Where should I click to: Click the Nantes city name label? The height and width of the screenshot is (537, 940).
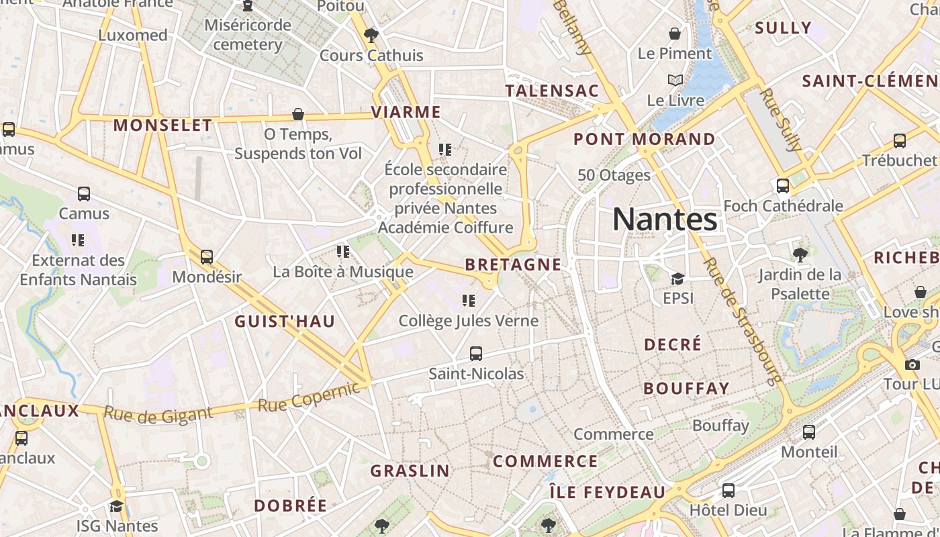click(665, 219)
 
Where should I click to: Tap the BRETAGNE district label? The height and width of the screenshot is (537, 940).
click(513, 264)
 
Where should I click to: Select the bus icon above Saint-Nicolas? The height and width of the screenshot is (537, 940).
click(476, 353)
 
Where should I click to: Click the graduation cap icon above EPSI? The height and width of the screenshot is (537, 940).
click(677, 279)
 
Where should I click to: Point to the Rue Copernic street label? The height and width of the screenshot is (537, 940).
click(310, 397)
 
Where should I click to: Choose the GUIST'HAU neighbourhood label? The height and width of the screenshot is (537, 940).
click(285, 322)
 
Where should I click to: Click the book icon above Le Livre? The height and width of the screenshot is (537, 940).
click(675, 81)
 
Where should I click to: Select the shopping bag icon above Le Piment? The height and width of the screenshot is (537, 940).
click(675, 34)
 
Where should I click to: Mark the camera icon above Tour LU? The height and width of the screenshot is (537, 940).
click(912, 364)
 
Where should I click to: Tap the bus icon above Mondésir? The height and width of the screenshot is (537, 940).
click(207, 256)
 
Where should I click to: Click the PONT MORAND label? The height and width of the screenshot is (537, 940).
click(645, 140)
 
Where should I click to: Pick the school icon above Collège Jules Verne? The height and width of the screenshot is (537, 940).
click(469, 301)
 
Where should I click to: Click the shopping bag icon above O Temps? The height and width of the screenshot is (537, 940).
click(298, 115)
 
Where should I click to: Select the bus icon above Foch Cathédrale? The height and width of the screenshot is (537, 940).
click(783, 186)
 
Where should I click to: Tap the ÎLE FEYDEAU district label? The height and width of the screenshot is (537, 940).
click(607, 492)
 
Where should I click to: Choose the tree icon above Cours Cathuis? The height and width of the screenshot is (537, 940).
click(371, 35)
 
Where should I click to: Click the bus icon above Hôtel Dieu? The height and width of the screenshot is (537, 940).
click(728, 490)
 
